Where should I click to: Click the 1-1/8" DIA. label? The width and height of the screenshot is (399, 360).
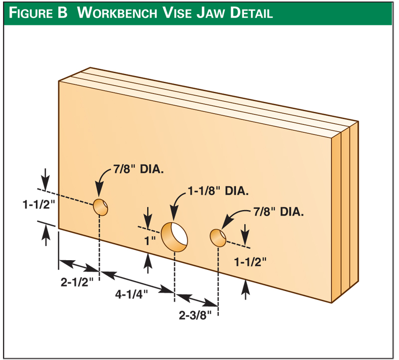tap(218, 191)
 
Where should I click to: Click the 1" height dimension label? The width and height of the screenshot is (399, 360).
tap(150, 239)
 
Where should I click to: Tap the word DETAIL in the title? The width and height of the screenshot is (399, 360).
tap(251, 12)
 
